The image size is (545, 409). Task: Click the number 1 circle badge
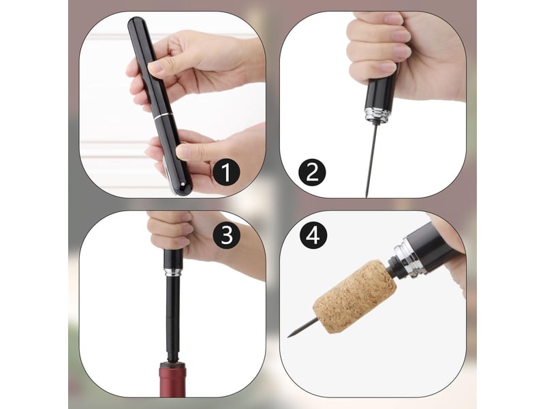click(226, 172)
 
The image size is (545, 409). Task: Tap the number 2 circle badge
click(312, 172)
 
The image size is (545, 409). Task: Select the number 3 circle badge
click(227, 234)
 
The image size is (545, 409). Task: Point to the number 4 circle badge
click(313, 235)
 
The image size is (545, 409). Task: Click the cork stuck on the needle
click(354, 297)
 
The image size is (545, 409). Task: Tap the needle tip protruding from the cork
click(288, 336)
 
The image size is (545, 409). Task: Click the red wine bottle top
click(172, 380)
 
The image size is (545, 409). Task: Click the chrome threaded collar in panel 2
click(377, 115)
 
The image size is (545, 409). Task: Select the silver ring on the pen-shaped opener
click(163, 116)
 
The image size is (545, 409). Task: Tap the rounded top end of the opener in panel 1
click(136, 22)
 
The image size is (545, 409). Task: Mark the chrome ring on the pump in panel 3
click(173, 272)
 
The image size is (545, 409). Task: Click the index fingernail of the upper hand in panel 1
click(155, 66)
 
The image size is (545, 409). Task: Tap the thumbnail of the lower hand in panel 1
click(183, 151)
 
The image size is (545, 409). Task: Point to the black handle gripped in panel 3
click(173, 259)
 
